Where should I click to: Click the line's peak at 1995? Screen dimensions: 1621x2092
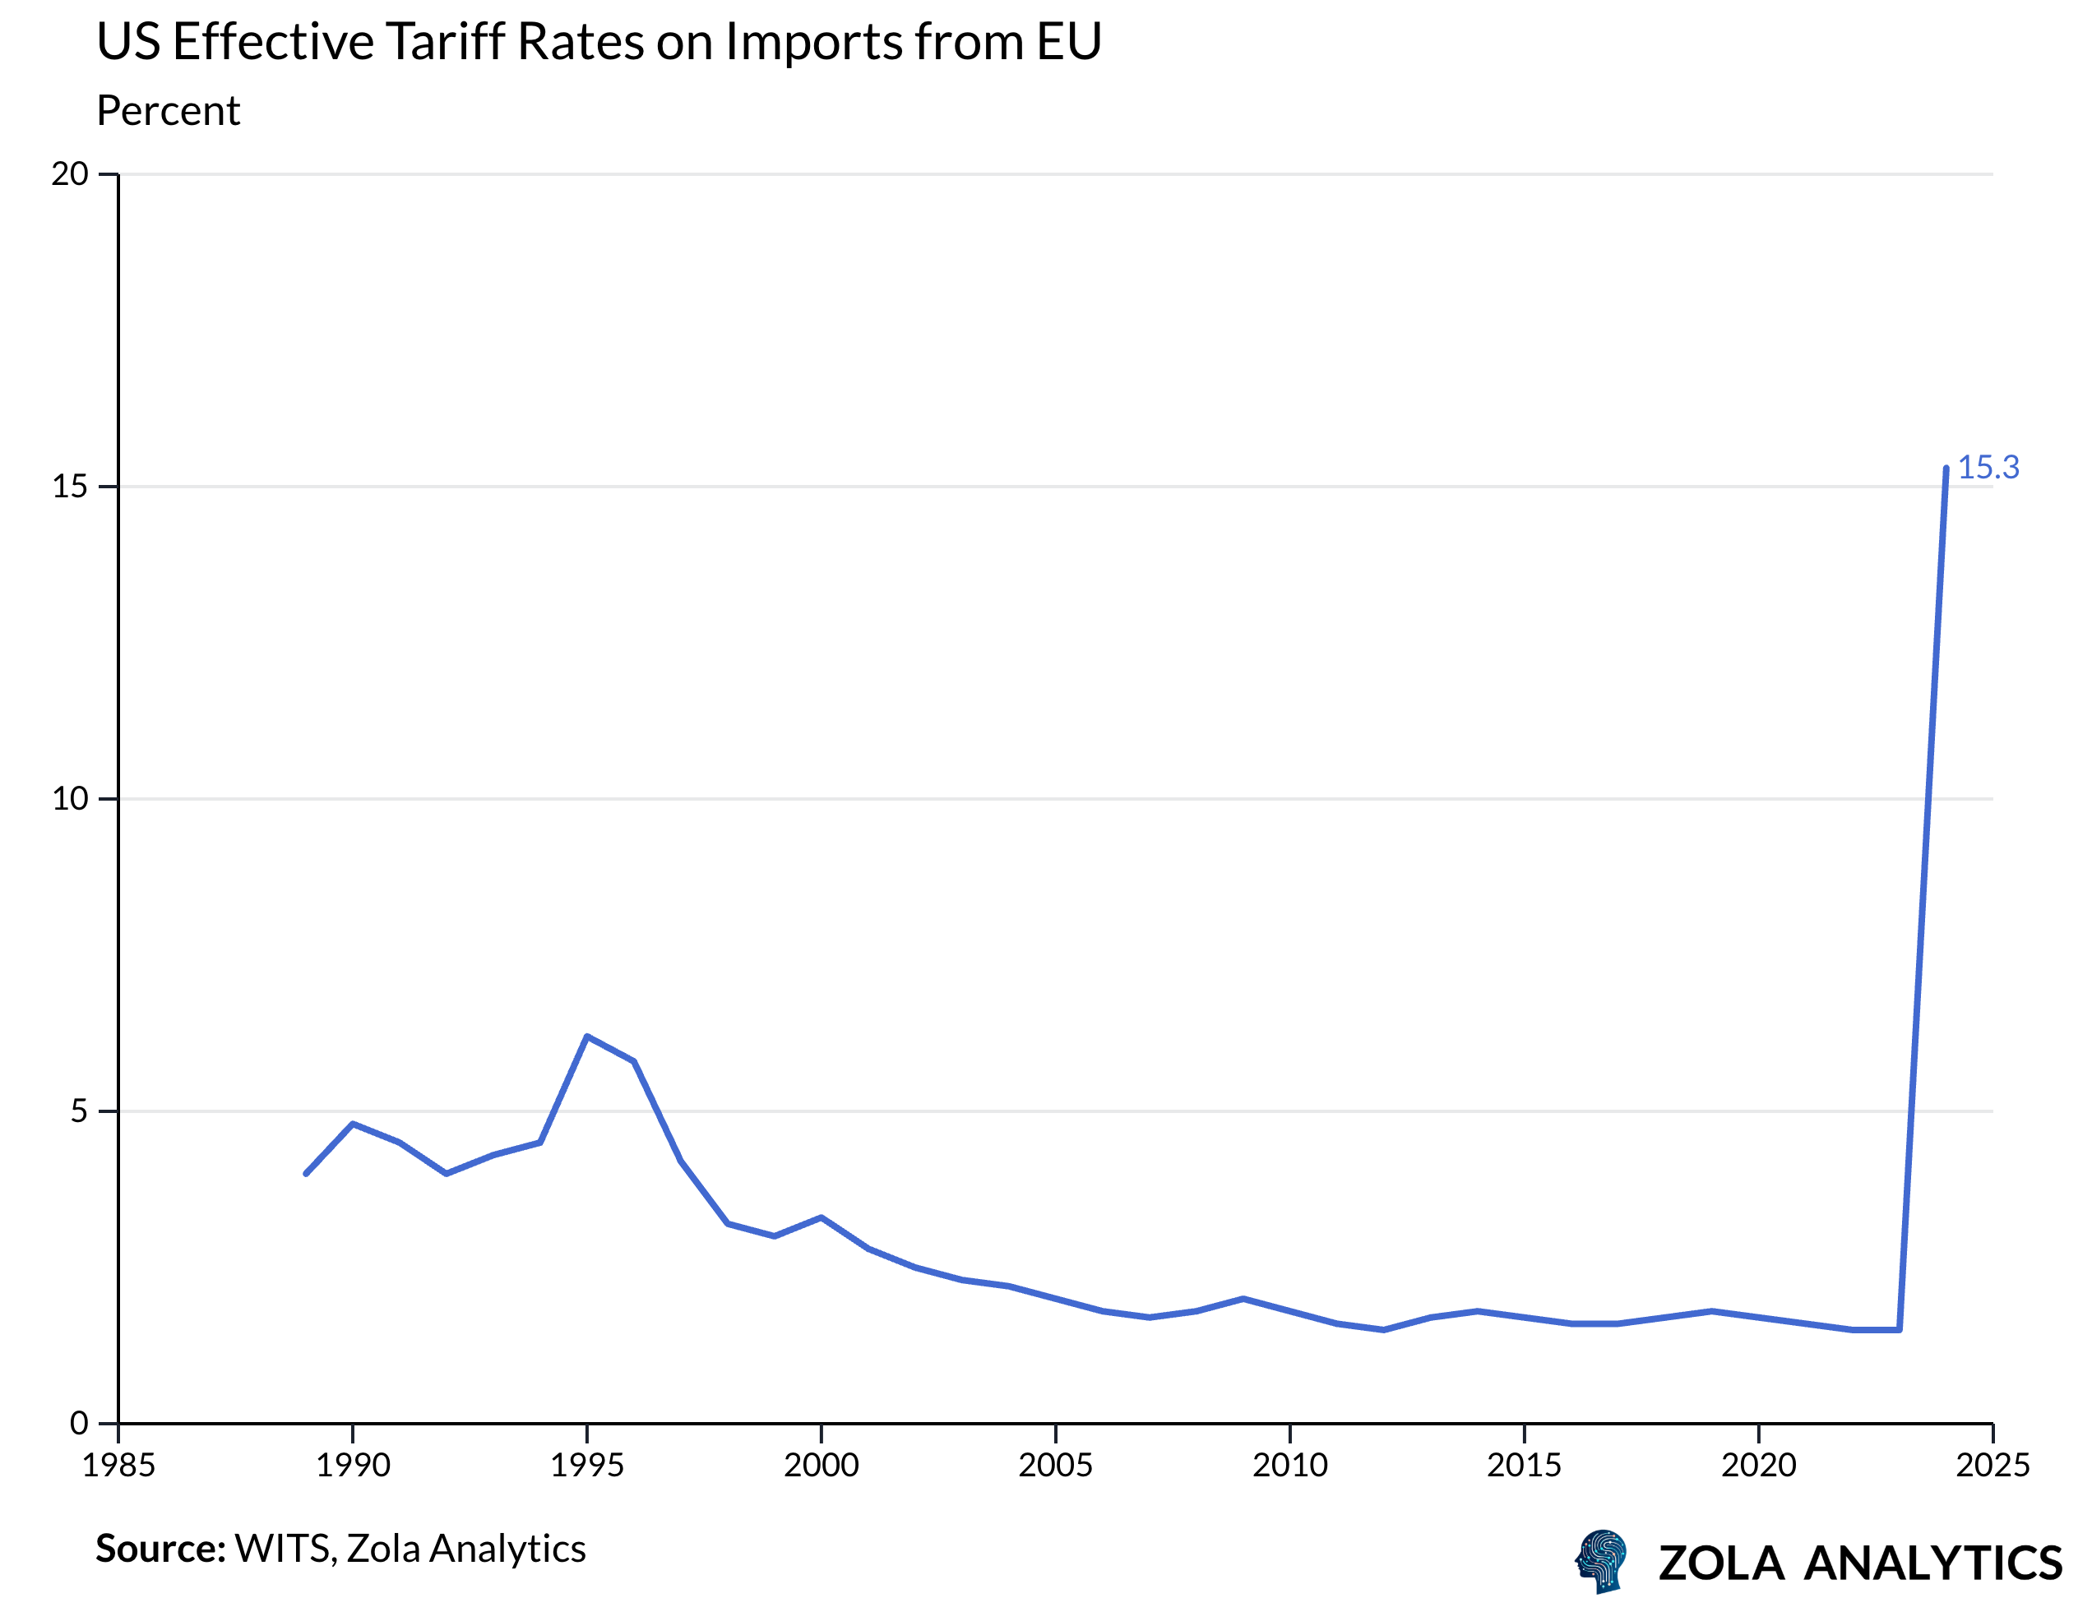point(587,1036)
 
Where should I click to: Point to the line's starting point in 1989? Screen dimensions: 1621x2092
point(306,1173)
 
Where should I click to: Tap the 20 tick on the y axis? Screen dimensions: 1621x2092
point(70,174)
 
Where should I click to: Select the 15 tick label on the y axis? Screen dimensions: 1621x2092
point(70,487)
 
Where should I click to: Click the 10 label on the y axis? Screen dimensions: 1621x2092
point(70,798)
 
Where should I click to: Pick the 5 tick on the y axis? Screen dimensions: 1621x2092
point(79,1111)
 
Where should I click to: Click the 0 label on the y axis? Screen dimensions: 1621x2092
point(79,1423)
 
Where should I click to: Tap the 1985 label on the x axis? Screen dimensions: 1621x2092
point(118,1465)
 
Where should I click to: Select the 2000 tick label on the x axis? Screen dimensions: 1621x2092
point(821,1465)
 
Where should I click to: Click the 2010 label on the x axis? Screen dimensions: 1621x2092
point(1289,1465)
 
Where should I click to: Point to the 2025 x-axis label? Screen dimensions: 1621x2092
point(1992,1465)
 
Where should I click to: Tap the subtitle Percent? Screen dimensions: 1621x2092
point(168,111)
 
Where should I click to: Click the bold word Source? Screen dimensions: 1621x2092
point(159,1548)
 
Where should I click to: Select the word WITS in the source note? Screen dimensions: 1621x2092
point(284,1548)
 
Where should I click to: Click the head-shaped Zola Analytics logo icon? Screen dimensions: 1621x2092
point(1602,1561)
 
